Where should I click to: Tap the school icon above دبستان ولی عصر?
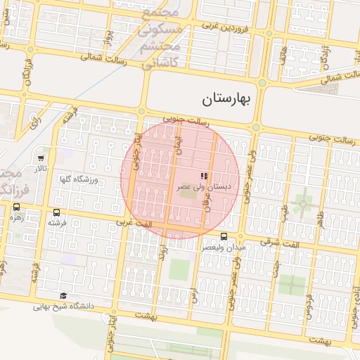[x=203, y=176]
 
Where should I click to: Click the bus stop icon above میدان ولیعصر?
[x=224, y=236]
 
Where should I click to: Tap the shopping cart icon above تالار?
[x=41, y=158]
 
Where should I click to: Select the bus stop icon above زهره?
[x=16, y=207]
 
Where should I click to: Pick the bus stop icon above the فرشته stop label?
[x=56, y=212]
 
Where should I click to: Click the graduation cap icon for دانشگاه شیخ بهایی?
[x=63, y=296]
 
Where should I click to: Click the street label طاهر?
[x=321, y=219]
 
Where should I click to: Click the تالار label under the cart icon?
[x=41, y=169]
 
